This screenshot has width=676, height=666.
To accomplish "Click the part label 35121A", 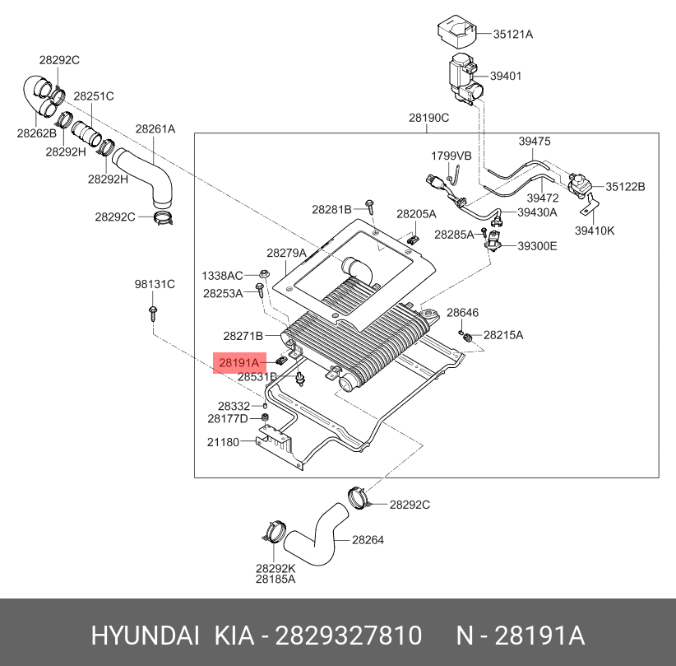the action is coord(512,34).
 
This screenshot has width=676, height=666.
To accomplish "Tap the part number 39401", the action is coord(506,76).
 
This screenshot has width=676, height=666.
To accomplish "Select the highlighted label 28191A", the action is coord(239,362).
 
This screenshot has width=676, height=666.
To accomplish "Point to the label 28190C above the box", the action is coord(429,118).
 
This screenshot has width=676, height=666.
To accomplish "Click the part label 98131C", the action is coord(155,284).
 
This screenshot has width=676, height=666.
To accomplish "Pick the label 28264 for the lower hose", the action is coord(368,540).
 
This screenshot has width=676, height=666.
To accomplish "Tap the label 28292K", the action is coord(275,569).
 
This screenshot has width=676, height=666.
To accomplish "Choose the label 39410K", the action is coord(595,231).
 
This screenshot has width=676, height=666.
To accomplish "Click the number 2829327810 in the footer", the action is coord(349,636).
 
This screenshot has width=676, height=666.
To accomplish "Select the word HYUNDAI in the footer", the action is coord(146,636).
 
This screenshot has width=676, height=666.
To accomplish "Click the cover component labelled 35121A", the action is coord(456,31).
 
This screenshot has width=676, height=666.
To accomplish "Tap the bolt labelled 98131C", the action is coord(153,314).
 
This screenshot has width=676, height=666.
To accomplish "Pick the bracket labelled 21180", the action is coord(277,447).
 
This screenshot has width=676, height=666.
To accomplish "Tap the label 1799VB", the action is coord(451,156).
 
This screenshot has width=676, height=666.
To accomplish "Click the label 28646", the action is coord(463,313).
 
